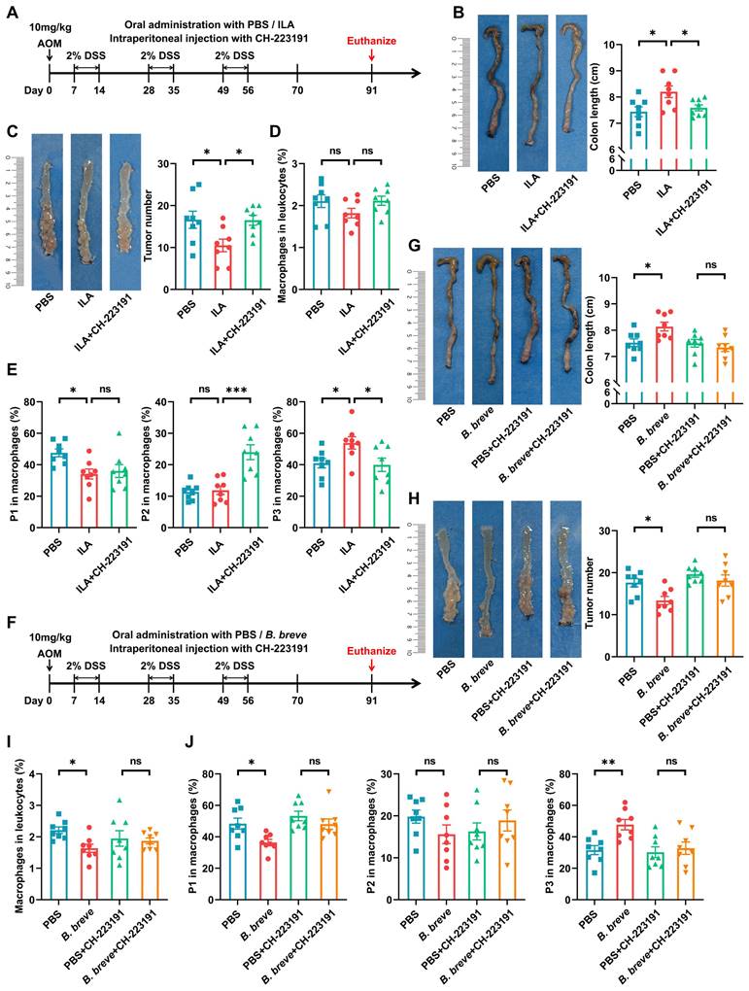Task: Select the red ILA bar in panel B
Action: click(663, 122)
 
